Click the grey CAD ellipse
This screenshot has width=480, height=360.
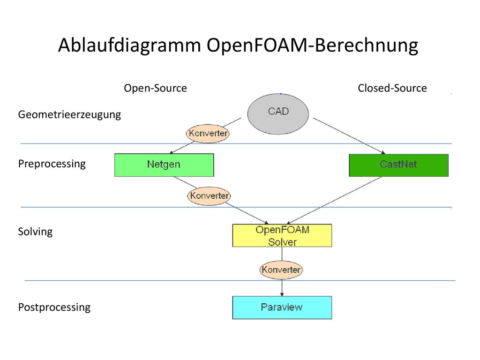[x=278, y=114]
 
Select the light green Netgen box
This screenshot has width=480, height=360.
[x=164, y=165]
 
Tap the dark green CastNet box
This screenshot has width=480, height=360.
[x=398, y=165]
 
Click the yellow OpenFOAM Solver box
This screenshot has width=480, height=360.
[x=282, y=235]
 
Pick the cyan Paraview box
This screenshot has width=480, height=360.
[x=282, y=307]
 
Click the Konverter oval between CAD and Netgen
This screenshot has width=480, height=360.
[x=208, y=134]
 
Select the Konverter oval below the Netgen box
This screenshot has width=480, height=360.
[x=209, y=196]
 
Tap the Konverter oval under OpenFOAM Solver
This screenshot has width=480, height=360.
[x=281, y=270]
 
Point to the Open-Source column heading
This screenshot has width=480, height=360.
[x=155, y=88]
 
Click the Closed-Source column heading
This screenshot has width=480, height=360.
[x=392, y=88]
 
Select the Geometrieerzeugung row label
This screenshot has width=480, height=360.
[x=69, y=115]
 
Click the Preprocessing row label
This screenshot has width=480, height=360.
[x=52, y=164]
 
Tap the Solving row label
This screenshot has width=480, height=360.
[x=35, y=232]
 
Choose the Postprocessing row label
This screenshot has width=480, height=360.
[x=54, y=307]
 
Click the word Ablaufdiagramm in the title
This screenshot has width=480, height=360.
[x=129, y=45]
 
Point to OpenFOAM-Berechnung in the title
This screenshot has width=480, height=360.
[x=312, y=45]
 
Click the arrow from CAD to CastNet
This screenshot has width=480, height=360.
[x=349, y=136]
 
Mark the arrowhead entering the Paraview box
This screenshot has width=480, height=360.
[x=282, y=294]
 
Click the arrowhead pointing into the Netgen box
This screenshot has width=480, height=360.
[x=172, y=152]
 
